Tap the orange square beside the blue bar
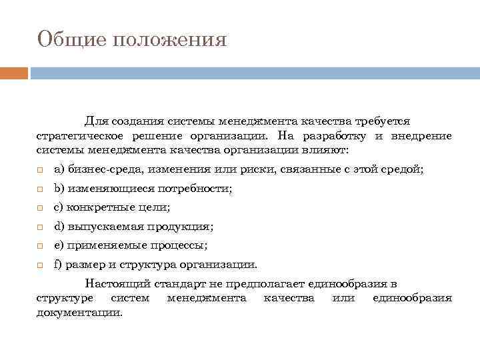(x=13, y=73)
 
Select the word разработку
(x=331, y=136)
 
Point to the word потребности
(x=198, y=189)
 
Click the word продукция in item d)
(x=181, y=227)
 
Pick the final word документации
(x=79, y=311)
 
